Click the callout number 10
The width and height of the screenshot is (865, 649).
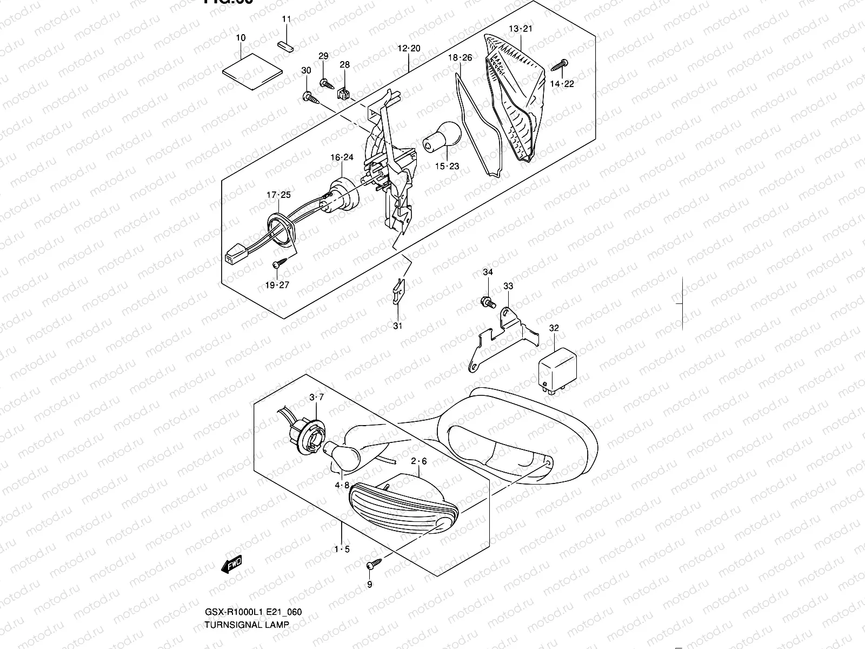[x=241, y=38]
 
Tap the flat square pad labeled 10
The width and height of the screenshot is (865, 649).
[x=252, y=71]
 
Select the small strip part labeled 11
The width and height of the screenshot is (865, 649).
[x=285, y=45]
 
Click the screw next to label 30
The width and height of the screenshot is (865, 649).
[x=310, y=97]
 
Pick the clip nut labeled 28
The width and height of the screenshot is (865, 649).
[x=344, y=94]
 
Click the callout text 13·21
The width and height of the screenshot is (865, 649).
[x=521, y=29]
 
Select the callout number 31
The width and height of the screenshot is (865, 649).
[x=398, y=326]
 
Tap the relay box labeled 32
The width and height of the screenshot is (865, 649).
[x=556, y=366]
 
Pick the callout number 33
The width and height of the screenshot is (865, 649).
[x=508, y=286]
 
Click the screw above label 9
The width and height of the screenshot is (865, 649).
[x=374, y=564]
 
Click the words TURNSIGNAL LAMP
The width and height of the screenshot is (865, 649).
[x=247, y=624]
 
